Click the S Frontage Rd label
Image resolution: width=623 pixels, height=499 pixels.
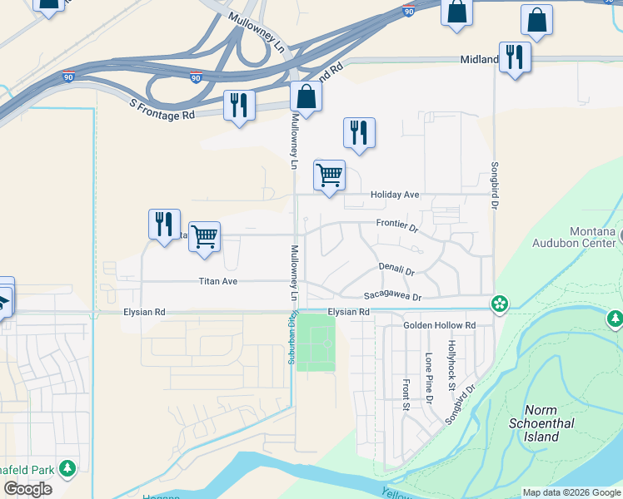[x=162, y=109]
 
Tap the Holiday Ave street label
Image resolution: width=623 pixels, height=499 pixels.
[x=395, y=195]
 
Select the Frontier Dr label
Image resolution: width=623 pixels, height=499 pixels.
[x=396, y=224]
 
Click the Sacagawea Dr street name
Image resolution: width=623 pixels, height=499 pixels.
[x=393, y=297]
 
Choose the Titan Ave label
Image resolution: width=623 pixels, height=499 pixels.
[x=218, y=281]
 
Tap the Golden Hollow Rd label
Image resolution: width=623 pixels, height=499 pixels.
[x=439, y=325]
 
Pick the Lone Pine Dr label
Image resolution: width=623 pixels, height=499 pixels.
[x=429, y=378]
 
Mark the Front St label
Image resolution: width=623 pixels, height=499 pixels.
[x=406, y=395]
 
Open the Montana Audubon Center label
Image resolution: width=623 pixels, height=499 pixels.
[x=581, y=237]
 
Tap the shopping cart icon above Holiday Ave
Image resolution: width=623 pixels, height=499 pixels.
[x=330, y=175]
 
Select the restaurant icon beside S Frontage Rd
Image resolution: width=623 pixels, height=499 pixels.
[x=239, y=106]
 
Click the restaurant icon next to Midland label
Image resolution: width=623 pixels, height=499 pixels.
[x=515, y=57]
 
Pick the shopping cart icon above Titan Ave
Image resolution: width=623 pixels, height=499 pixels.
[x=204, y=237]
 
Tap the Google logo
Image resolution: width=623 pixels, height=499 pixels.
[x=27, y=489]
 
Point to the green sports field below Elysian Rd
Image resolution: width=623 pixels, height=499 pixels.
[x=316, y=343]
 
